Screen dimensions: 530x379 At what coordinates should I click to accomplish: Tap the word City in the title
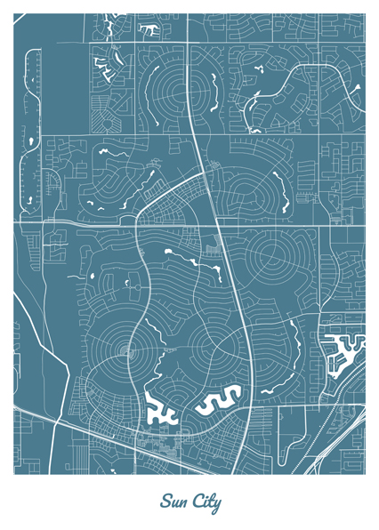coord(205,502)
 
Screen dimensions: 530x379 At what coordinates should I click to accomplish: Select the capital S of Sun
coord(165,502)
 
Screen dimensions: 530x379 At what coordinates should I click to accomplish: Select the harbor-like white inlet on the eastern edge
coord(342,352)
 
